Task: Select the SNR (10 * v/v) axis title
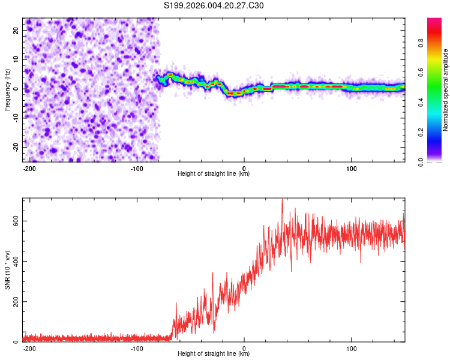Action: point(8,270)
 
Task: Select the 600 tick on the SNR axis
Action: point(14,221)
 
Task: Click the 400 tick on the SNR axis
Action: point(14,261)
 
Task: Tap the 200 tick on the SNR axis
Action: point(14,301)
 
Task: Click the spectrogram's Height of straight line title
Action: point(214,174)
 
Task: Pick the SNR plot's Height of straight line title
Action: point(214,354)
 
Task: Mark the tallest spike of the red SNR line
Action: point(282,200)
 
